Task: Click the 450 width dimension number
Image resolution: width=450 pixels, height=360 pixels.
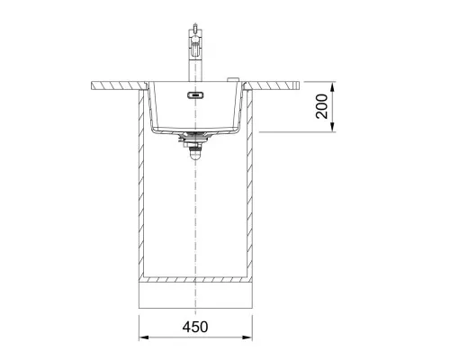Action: [195, 327]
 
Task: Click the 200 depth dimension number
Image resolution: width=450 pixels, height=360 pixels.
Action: [322, 106]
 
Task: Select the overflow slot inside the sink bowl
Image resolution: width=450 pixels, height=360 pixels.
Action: [195, 95]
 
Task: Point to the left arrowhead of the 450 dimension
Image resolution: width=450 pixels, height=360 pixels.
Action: [144, 337]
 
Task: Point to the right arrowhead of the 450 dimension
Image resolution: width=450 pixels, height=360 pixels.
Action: [247, 337]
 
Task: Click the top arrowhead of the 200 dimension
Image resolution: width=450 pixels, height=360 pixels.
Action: [332, 87]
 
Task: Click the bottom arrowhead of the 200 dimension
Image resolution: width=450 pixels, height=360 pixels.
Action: [332, 127]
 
